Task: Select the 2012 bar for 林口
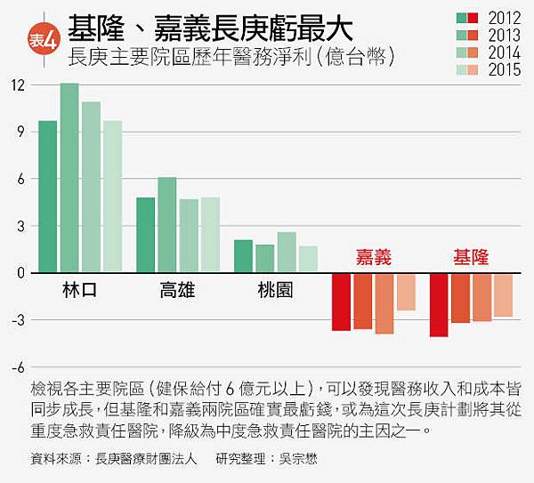(48, 197)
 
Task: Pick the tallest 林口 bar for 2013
(69, 178)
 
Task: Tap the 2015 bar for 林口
(112, 197)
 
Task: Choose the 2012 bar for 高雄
(146, 235)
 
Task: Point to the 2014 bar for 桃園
(287, 253)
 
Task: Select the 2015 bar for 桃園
(308, 259)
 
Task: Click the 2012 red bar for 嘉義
(341, 302)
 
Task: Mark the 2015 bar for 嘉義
(406, 292)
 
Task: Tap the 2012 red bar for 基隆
(439, 304)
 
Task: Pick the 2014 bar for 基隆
(481, 297)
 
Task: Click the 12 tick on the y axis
(18, 85)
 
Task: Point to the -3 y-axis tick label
(16, 320)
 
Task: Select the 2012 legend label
(506, 18)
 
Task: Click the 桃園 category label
(275, 290)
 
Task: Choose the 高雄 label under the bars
(178, 290)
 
